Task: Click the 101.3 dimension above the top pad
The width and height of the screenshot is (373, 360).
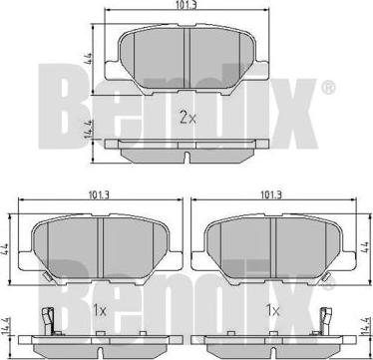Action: pyautogui.click(x=186, y=4)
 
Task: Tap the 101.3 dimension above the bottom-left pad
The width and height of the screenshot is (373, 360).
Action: pyautogui.click(x=99, y=195)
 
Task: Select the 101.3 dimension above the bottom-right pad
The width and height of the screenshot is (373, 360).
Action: pyautogui.click(x=271, y=195)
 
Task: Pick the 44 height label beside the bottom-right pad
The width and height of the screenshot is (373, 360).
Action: pyautogui.click(x=365, y=248)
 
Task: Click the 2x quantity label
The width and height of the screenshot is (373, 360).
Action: pyautogui.click(x=187, y=118)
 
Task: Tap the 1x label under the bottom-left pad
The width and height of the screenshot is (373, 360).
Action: pyautogui.click(x=99, y=311)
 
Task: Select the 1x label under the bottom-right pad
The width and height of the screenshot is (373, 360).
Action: pyautogui.click(x=272, y=311)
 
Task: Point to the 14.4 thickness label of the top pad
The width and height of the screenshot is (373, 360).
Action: pyautogui.click(x=90, y=131)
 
